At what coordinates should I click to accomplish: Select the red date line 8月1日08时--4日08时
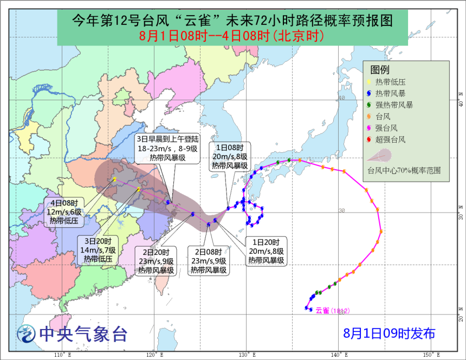(x=232, y=36)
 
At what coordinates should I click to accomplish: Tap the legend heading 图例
(x=380, y=70)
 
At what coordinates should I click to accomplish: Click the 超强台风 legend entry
(x=390, y=139)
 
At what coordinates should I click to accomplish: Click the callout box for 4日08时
(x=66, y=211)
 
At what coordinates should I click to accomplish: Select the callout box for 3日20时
(x=98, y=250)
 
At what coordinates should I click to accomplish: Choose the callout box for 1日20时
(x=266, y=251)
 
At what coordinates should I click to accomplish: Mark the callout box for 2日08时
(x=208, y=261)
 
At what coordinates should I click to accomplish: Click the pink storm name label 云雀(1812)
(x=332, y=311)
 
